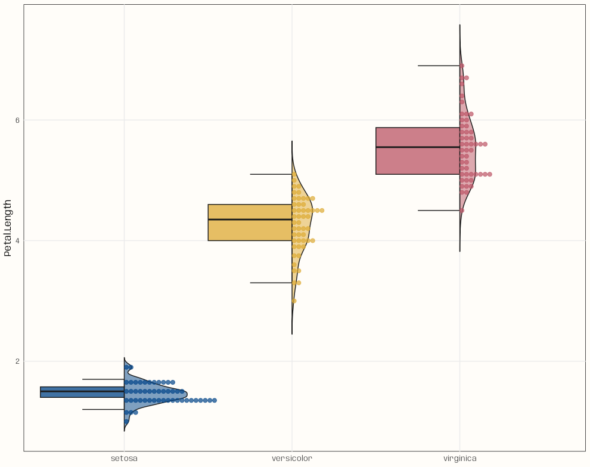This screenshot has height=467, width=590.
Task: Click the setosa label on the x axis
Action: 124,459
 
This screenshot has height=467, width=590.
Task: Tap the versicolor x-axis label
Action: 291,459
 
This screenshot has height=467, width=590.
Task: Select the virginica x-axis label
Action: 459,459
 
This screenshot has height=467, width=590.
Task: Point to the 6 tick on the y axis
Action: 17,120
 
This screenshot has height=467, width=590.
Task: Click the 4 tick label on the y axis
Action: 17,240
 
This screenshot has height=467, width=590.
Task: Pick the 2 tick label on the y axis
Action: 17,361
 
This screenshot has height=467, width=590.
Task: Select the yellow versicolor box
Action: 250,230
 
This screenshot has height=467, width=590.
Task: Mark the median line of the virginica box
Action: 417,147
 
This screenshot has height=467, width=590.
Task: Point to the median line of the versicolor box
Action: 250,219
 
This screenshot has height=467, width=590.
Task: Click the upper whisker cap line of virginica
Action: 438,66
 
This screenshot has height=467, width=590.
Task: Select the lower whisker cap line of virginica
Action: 438,211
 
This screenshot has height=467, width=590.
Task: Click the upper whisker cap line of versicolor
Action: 271,174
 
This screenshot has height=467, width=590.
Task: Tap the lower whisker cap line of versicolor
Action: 271,283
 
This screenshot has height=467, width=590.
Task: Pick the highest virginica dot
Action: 462,66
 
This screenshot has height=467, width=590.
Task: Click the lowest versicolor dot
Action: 294,301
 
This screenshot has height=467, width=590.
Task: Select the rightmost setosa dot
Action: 214,400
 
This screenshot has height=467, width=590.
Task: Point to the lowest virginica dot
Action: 462,210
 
